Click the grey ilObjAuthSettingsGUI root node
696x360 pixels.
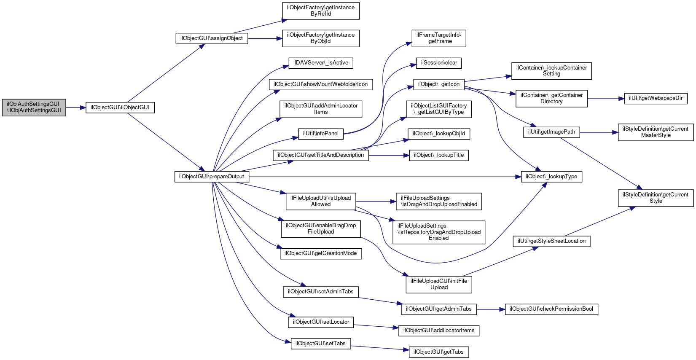(34, 107)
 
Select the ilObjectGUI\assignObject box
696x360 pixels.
(212, 38)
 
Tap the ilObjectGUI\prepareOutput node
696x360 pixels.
(212, 177)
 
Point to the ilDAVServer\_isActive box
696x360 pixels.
(321, 63)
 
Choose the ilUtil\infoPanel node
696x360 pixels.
(321, 134)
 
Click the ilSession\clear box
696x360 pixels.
(439, 63)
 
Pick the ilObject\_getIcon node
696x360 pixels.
(439, 84)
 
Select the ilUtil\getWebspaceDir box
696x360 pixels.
(656, 99)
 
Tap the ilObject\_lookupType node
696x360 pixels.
(551, 177)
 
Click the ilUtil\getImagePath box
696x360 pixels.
(551, 132)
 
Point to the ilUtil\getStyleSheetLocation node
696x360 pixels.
(551, 242)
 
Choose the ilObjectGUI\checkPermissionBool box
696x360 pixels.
(551, 309)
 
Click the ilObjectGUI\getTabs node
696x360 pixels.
(439, 352)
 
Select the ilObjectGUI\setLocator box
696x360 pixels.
(321, 322)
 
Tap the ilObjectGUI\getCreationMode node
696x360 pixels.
(321, 253)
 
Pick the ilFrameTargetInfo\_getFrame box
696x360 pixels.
(439, 38)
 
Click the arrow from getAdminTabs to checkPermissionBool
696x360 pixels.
(491, 309)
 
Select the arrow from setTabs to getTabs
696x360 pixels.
(380, 348)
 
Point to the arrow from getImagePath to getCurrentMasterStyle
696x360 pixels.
(599, 132)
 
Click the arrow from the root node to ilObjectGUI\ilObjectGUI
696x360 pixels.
(76, 108)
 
